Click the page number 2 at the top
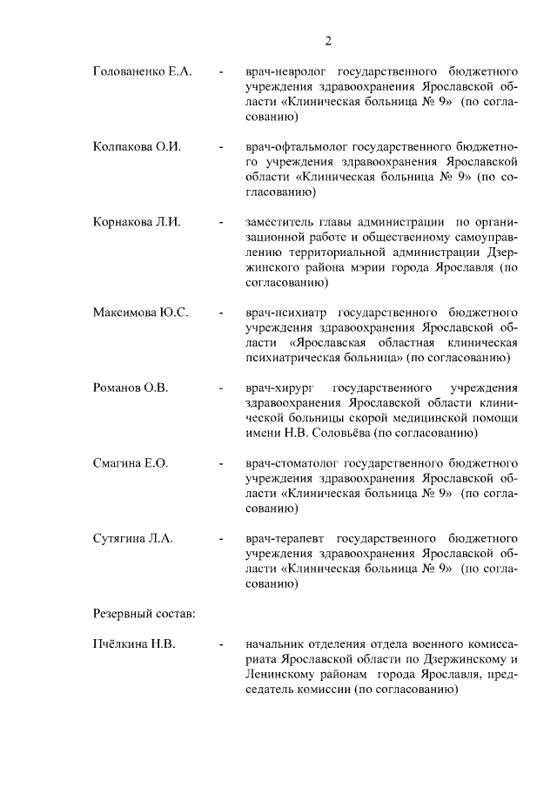click(x=329, y=40)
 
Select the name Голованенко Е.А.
click(x=142, y=70)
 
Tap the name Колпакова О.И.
click(x=137, y=146)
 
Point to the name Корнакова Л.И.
click(x=137, y=222)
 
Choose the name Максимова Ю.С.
click(x=140, y=312)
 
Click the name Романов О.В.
click(x=130, y=387)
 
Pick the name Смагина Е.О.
click(x=130, y=463)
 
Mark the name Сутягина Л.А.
click(x=133, y=539)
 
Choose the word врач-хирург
click(x=277, y=387)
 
